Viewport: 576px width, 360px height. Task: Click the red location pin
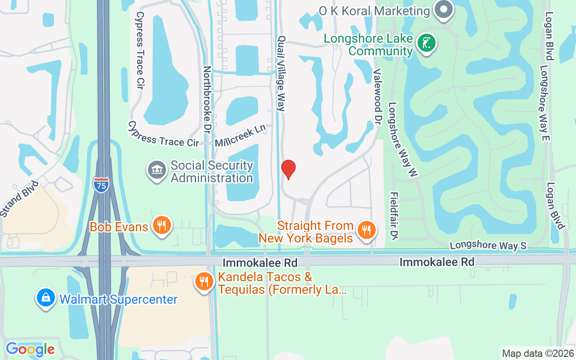tap(288, 169)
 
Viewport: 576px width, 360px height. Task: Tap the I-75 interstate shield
tap(101, 184)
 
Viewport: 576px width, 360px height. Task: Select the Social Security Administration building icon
tap(157, 171)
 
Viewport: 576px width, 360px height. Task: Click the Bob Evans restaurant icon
tap(161, 226)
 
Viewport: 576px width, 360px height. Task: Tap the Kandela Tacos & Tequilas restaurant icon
tap(204, 282)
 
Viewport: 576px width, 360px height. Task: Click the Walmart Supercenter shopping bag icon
tap(46, 298)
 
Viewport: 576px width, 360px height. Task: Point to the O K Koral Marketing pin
tap(444, 10)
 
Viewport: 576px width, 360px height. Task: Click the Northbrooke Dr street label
tap(207, 100)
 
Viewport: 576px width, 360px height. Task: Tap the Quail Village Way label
tap(282, 74)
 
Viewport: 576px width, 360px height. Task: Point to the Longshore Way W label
tap(403, 139)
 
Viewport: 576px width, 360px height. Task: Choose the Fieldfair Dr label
tap(394, 216)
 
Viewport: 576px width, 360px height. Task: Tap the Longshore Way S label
tap(488, 246)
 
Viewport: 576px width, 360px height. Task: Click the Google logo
tap(30, 349)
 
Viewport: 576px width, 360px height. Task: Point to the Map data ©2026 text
tap(538, 353)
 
